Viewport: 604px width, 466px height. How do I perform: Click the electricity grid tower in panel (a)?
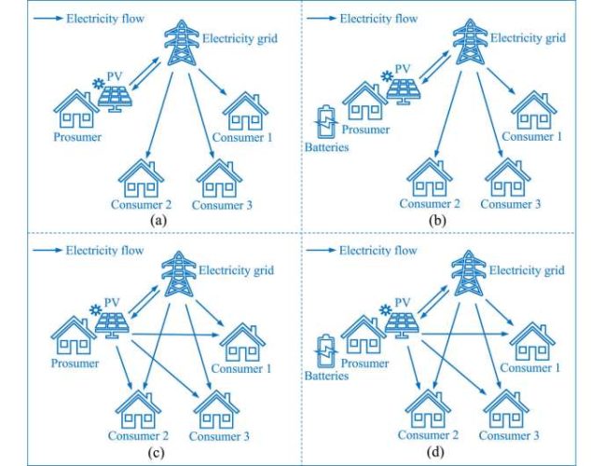[179, 40]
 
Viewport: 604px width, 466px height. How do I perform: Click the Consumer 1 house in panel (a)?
[244, 111]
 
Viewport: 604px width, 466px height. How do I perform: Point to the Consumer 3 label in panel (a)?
[222, 204]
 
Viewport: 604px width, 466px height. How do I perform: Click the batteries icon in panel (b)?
[323, 122]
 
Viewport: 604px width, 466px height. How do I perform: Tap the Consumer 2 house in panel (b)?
[428, 176]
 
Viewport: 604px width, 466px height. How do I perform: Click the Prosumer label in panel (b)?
[364, 130]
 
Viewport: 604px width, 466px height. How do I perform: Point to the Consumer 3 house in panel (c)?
[216, 406]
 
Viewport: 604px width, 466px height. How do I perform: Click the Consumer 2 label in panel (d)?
[428, 435]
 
